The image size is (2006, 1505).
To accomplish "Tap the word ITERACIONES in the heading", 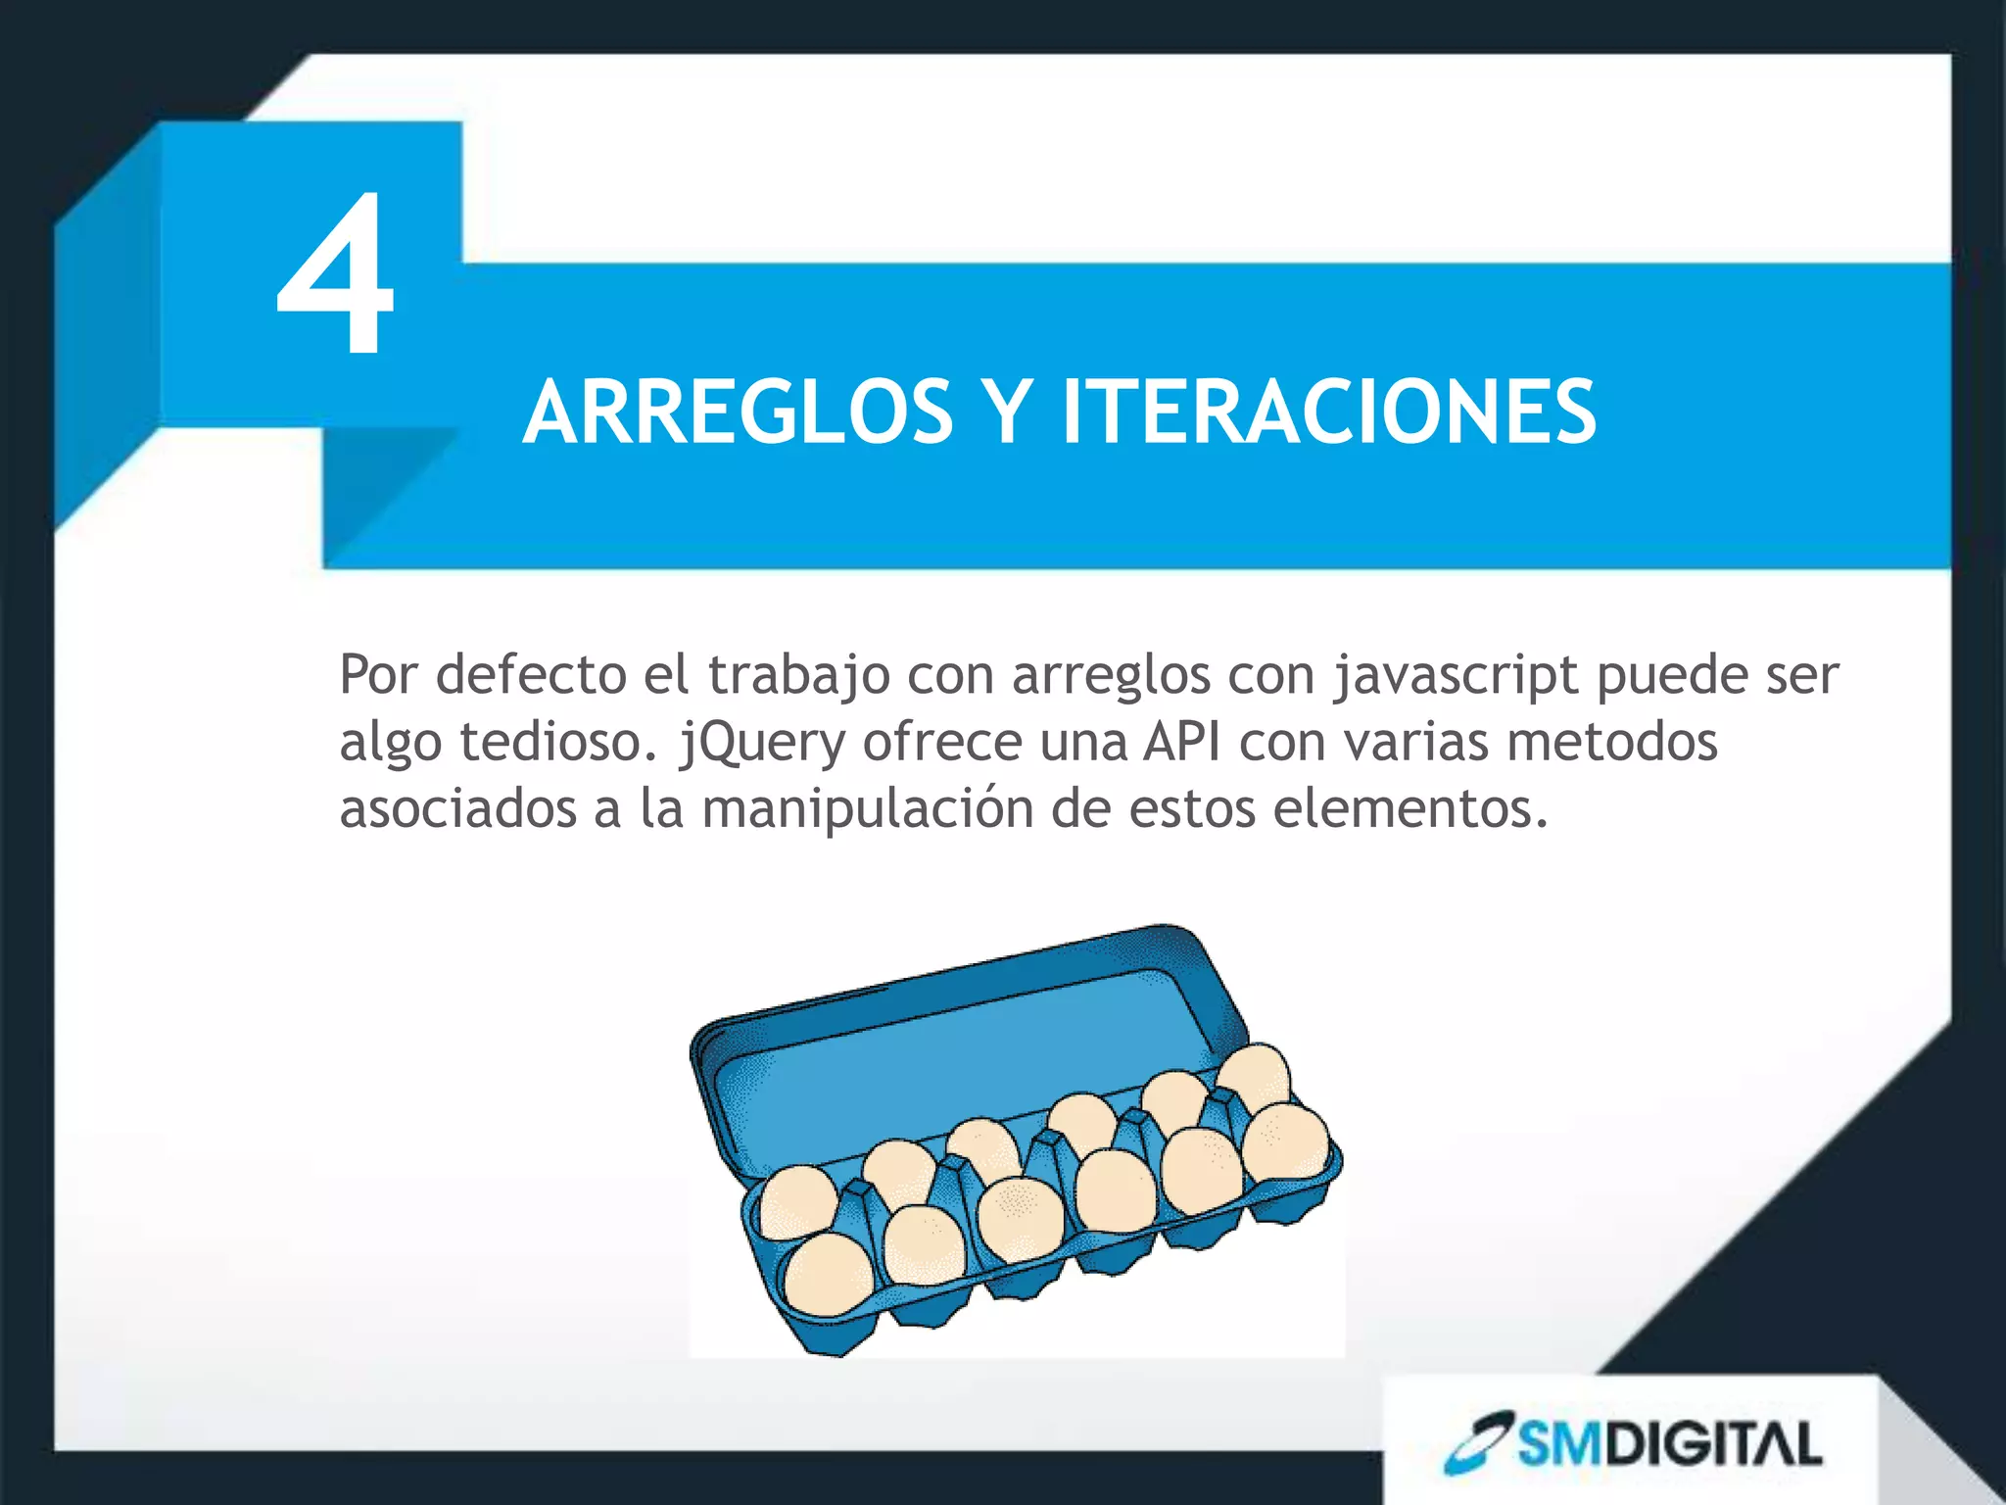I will pyautogui.click(x=1329, y=413).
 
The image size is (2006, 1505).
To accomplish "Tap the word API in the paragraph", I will pyautogui.click(x=1181, y=742).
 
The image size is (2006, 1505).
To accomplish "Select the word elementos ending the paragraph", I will pyautogui.click(x=1410, y=809).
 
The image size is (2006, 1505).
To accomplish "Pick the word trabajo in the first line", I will pyautogui.click(x=798, y=677).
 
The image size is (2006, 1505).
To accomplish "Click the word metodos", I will pyautogui.click(x=1612, y=742).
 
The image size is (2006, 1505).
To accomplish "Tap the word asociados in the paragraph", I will pyautogui.click(x=457, y=809).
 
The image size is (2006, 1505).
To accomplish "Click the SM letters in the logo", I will pyautogui.click(x=1560, y=1444).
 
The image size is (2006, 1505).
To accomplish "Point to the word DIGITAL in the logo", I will pyautogui.click(x=1713, y=1444).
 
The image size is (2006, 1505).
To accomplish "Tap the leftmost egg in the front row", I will pyautogui.click(x=829, y=1275).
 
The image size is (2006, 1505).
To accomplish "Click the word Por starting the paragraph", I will pyautogui.click(x=378, y=675).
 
